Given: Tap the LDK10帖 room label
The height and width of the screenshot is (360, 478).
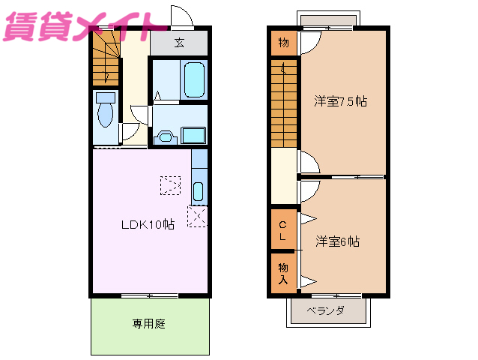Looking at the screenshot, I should (x=148, y=223).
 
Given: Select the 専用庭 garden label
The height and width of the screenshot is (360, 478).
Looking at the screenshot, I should (x=148, y=323).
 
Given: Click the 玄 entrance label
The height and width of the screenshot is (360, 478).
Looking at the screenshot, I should (x=179, y=42).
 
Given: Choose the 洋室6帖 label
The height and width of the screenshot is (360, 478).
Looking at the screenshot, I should (x=337, y=241).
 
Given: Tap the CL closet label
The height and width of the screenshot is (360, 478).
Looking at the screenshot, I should (x=282, y=231).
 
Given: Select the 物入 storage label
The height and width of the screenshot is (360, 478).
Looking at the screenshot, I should (x=282, y=273).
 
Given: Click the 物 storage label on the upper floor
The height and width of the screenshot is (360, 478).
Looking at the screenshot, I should (x=282, y=42).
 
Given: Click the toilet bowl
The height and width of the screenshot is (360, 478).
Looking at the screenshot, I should (x=106, y=112).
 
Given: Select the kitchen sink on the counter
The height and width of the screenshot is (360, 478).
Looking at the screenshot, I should (x=198, y=190).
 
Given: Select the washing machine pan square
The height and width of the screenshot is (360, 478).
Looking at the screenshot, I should (x=193, y=135).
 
